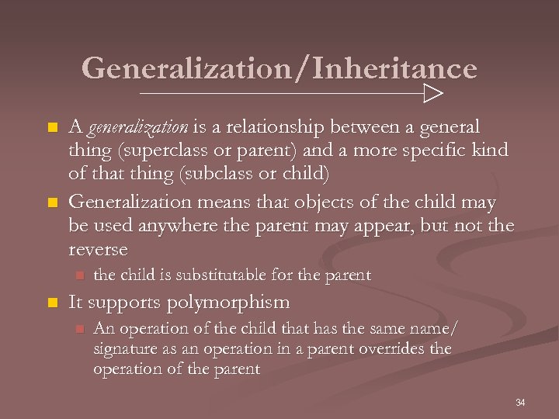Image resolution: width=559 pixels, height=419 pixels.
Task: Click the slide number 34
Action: click(520, 402)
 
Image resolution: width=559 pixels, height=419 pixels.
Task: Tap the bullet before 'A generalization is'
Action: click(52, 126)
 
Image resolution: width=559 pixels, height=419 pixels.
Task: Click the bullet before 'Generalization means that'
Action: click(52, 203)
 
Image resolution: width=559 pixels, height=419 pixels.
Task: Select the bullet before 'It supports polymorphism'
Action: click(52, 303)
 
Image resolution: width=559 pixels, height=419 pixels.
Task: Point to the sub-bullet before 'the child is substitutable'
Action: click(78, 275)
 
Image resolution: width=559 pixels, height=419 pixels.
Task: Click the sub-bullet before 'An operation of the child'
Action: click(78, 329)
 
